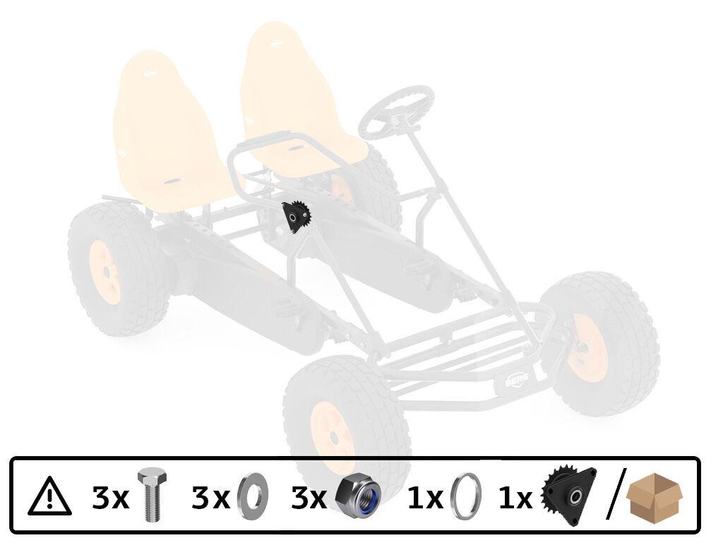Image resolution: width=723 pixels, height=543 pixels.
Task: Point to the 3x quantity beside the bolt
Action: pyautogui.click(x=110, y=498)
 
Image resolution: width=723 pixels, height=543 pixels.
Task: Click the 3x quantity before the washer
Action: pyautogui.click(x=210, y=498)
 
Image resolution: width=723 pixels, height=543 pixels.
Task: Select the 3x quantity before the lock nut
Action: pyautogui.click(x=309, y=498)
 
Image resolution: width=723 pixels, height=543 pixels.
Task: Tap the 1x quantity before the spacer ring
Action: pyautogui.click(x=425, y=498)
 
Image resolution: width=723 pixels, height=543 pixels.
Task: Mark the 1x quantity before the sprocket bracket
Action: pyautogui.click(x=515, y=498)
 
